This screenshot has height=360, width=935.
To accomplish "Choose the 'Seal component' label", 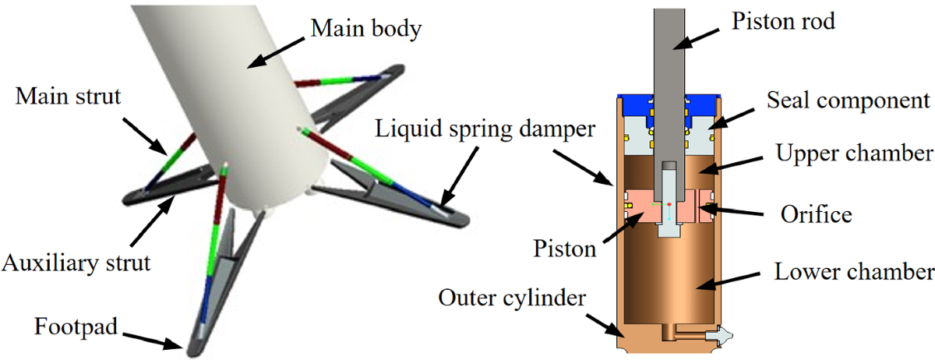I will click(849, 100).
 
